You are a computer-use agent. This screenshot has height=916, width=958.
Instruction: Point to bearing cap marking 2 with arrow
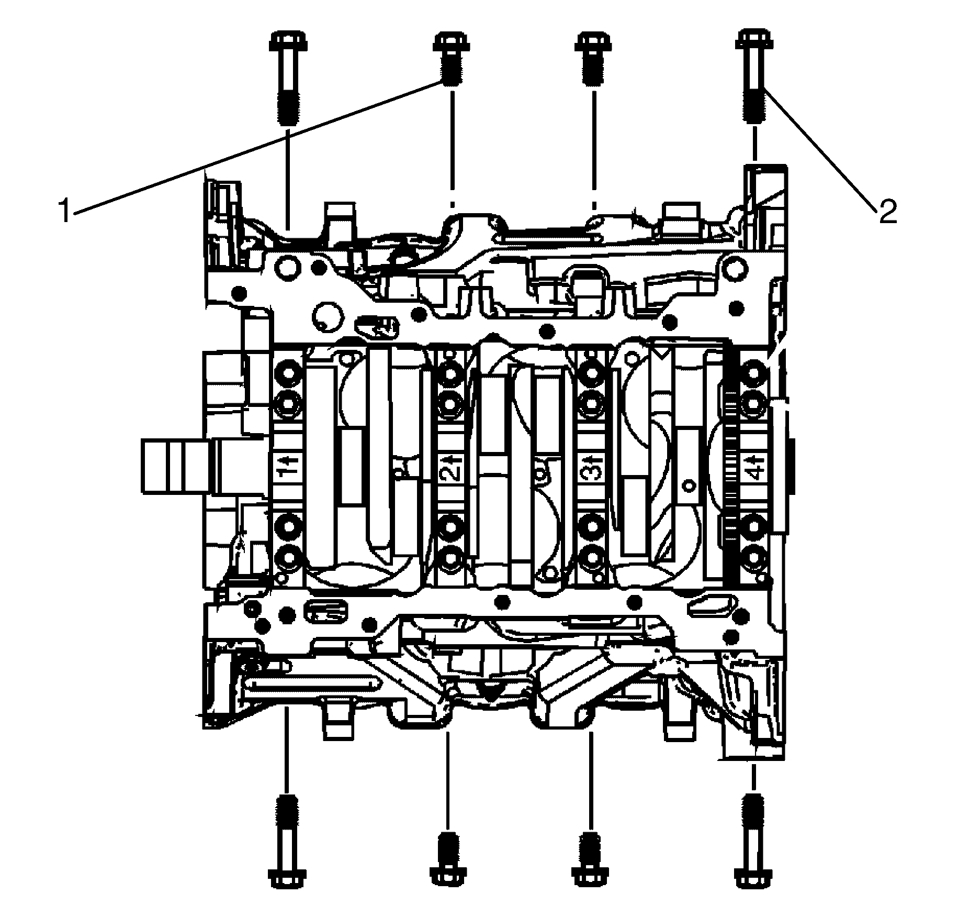(450, 467)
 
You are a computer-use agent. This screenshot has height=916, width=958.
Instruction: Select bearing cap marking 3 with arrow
(592, 467)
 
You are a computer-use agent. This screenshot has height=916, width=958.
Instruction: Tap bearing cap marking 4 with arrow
(753, 467)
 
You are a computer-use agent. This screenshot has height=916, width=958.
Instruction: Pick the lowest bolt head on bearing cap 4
(753, 557)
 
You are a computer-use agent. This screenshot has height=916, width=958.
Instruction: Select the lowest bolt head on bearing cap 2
(450, 557)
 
